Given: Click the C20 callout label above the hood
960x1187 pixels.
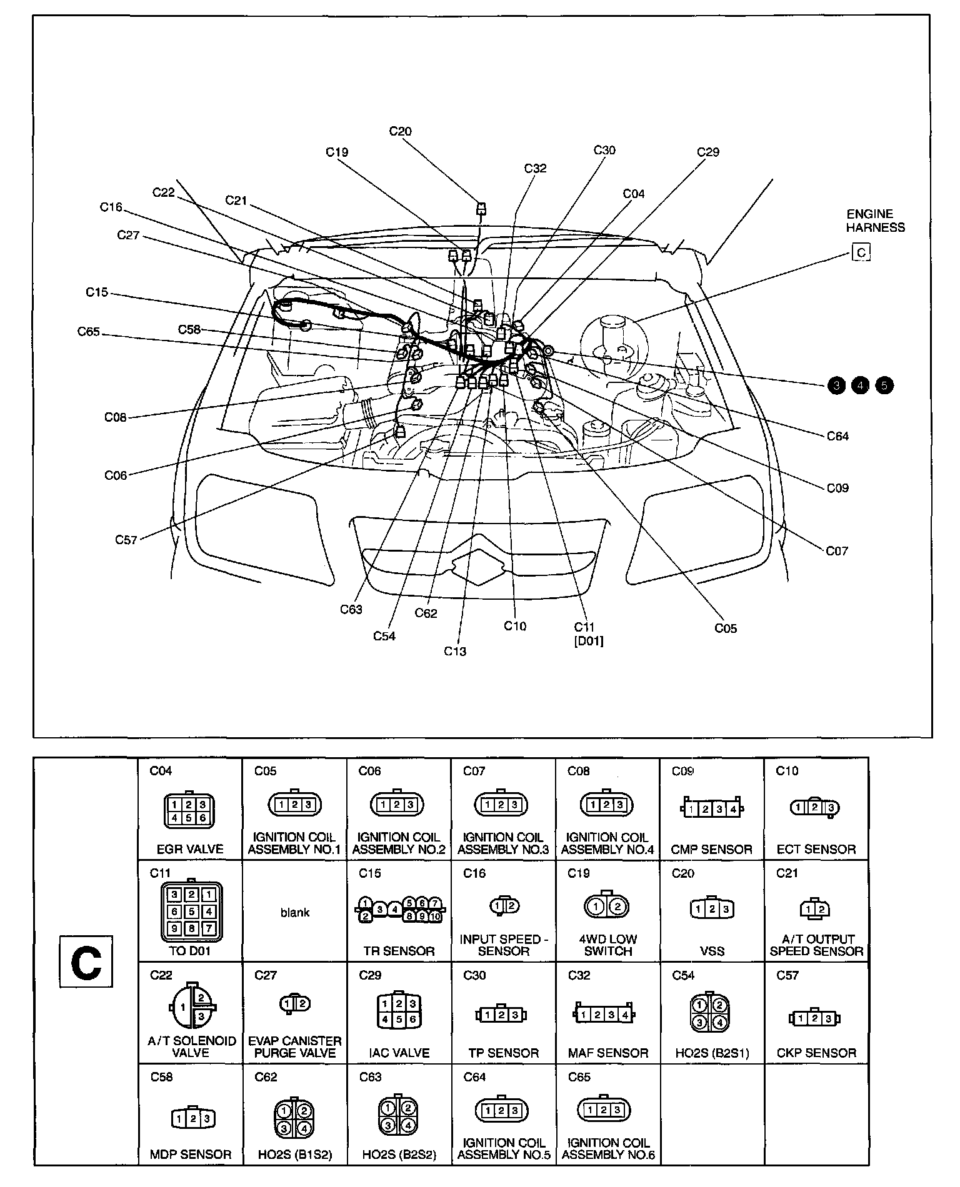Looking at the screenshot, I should [400, 132].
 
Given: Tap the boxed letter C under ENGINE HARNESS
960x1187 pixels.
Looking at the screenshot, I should [861, 252].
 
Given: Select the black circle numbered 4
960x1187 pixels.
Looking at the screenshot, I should [860, 385].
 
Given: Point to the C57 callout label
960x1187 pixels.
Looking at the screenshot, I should [126, 540].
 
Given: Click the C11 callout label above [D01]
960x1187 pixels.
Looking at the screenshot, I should [584, 627].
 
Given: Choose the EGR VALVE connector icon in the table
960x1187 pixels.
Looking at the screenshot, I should [189, 810].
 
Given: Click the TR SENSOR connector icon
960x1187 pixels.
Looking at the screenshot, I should [399, 910].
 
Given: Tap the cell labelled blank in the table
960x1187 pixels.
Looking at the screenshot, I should [294, 913].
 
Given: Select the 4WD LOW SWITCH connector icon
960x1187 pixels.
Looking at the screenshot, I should [607, 906].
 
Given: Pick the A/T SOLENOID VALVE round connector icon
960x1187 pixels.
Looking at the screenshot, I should [191, 1006].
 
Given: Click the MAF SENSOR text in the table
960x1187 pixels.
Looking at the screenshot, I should [607, 1053].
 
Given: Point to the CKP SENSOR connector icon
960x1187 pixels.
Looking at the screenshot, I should [815, 1018].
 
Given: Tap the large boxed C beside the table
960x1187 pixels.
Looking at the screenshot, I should [86, 962].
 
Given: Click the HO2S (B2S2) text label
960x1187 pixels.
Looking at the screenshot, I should [399, 1155].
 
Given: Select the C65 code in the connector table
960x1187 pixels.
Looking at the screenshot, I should [579, 1077].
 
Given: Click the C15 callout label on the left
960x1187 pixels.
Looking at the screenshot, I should [97, 292].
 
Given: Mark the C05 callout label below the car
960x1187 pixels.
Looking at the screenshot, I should [726, 628].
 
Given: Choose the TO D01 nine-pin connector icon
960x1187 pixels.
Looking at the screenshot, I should [191, 912].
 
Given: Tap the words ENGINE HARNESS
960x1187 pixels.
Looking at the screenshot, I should [875, 221].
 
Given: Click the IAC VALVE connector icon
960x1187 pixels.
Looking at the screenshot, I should [399, 1012].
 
